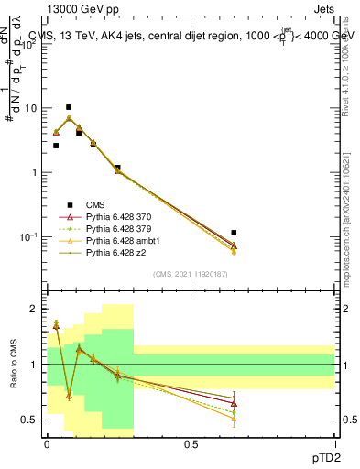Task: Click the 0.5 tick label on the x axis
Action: pyautogui.click(x=191, y=443)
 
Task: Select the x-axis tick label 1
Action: pyautogui.click(x=333, y=443)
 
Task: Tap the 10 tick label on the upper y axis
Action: pyautogui.click(x=30, y=109)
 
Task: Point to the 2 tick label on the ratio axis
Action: pyautogui.click(x=34, y=310)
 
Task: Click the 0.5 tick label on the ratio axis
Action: pyautogui.click(x=30, y=420)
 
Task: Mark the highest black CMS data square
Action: pyautogui.click(x=69, y=107)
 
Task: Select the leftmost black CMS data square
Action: pyautogui.click(x=56, y=146)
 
